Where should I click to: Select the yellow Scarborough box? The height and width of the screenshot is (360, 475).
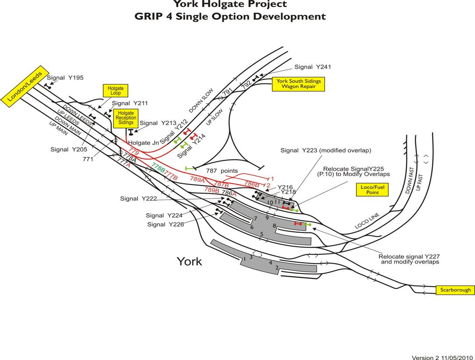click(455, 290)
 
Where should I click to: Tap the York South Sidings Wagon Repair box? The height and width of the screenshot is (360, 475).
click(298, 84)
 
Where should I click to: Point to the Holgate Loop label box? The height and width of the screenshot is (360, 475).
click(116, 91)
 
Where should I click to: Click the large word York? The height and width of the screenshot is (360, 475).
click(189, 261)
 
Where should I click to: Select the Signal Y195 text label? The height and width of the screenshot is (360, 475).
click(65, 78)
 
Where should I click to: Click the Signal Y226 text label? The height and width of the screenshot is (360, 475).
click(165, 225)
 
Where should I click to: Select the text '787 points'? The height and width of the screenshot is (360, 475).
click(222, 170)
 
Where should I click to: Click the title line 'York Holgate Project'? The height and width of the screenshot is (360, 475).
click(230, 4)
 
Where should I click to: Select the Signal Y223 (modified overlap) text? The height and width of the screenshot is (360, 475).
click(326, 150)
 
